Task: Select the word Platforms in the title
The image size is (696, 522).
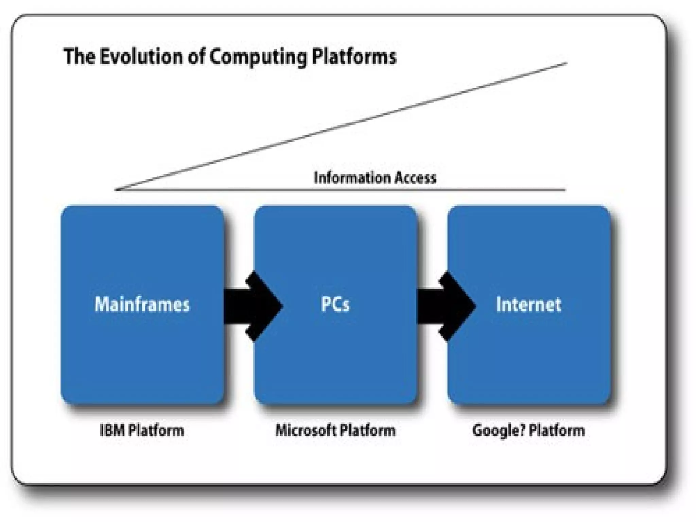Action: [354, 56]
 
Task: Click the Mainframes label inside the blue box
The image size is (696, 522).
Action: [142, 304]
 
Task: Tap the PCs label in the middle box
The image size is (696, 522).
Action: [335, 304]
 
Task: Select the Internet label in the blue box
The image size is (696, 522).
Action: [528, 304]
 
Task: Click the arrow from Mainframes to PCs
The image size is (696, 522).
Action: [253, 306]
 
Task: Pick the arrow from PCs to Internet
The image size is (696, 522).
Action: [447, 306]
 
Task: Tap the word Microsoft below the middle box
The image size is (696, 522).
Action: [306, 430]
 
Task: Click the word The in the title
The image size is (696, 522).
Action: [79, 56]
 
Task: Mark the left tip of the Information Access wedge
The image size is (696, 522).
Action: [117, 189]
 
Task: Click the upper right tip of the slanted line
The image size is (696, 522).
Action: [566, 63]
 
